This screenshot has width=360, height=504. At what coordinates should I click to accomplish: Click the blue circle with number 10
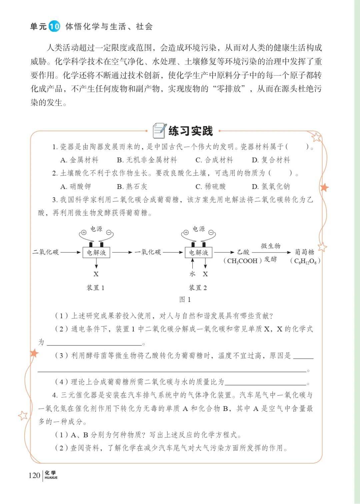(54, 26)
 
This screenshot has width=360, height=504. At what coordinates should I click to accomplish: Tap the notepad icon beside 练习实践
(159, 130)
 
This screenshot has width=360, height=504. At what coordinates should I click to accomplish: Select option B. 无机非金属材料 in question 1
(147, 160)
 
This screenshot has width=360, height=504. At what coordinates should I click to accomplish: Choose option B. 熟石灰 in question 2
(132, 186)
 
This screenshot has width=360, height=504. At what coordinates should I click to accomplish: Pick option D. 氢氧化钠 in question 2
(271, 186)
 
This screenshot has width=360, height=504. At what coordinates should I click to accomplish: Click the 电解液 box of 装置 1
(96, 253)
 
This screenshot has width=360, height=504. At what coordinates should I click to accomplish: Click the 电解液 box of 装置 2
(199, 253)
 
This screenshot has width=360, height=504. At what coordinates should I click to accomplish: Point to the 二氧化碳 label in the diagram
(45, 252)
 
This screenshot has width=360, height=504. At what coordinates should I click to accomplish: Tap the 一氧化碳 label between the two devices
(148, 252)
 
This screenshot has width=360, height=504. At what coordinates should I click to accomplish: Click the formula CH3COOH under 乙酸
(242, 261)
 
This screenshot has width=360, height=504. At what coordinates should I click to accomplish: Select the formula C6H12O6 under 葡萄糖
(305, 261)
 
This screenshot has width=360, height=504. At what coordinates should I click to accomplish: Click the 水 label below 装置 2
(192, 274)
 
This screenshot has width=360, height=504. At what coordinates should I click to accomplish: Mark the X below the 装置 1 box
(96, 274)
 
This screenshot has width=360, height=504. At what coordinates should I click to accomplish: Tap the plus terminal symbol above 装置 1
(84, 232)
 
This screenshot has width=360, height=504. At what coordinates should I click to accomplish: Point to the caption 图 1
(185, 300)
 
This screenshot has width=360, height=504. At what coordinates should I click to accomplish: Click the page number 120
(34, 475)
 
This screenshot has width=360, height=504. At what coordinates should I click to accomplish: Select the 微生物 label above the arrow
(270, 246)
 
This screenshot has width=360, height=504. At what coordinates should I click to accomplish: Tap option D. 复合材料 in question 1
(271, 160)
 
